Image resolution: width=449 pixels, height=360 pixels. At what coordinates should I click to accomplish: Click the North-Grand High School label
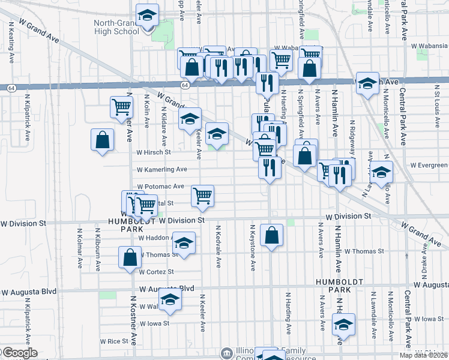116,27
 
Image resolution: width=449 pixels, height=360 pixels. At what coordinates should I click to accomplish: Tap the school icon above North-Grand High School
146,16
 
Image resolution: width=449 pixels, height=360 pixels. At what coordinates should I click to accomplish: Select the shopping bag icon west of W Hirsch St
102,140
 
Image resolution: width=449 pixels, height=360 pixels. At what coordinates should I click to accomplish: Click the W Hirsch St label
154,152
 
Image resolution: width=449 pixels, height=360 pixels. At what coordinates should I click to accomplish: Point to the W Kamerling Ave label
163,170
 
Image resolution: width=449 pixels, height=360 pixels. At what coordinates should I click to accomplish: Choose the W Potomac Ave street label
160,187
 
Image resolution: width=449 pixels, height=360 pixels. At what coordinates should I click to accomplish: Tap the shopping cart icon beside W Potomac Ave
203,196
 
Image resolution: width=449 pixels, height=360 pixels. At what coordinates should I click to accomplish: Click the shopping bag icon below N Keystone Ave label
272,236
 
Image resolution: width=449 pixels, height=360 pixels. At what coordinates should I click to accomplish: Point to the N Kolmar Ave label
79,247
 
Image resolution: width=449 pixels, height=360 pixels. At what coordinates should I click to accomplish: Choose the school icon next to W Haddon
184,243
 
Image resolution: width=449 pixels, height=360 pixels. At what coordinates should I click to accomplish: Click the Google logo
19,353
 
